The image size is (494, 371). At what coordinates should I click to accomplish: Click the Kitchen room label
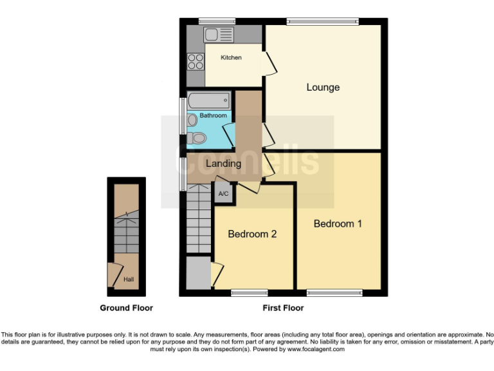click(231, 58)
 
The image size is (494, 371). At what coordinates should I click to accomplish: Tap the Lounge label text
click(323, 88)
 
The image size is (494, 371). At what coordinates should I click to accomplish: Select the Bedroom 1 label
click(338, 224)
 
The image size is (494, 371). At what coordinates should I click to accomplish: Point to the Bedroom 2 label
click(252, 234)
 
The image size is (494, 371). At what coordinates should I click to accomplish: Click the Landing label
click(223, 164)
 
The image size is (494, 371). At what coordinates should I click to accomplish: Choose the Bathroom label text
click(213, 115)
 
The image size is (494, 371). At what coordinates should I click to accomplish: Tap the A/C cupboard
click(223, 193)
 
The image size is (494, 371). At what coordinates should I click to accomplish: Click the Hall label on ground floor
click(129, 280)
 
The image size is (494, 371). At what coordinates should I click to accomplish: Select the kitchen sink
click(212, 35)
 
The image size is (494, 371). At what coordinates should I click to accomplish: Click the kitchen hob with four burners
click(194, 62)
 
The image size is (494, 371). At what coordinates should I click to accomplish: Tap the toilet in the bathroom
click(197, 137)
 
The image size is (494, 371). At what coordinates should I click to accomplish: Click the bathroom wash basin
click(192, 120)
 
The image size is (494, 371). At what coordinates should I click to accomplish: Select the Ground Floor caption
click(126, 308)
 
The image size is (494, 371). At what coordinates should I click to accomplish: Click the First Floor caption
click(283, 308)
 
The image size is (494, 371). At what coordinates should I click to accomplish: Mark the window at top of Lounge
click(322, 22)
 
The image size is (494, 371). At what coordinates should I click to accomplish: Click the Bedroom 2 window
click(249, 293)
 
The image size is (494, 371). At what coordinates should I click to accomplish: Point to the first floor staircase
click(199, 222)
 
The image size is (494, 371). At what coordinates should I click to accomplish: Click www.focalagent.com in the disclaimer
click(316, 349)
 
